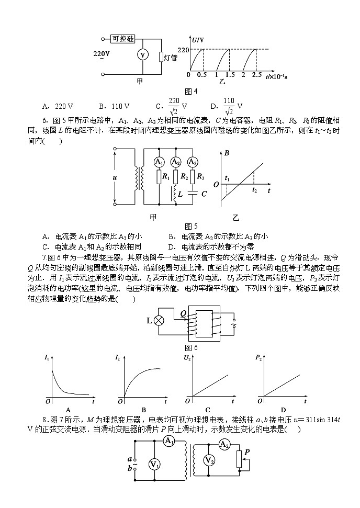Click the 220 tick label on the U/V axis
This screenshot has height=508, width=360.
[x=183, y=50]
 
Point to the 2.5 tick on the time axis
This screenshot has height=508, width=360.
[x=257, y=75]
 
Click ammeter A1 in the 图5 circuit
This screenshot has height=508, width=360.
[x=160, y=162]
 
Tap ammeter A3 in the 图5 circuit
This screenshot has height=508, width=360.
[x=193, y=162]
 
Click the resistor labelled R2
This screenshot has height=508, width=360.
[x=176, y=177]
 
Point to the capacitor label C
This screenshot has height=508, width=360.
[x=204, y=194]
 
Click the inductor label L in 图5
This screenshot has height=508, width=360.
[x=180, y=194]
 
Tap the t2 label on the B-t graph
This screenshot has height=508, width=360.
[x=254, y=190]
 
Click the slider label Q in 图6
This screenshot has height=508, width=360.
[x=183, y=313]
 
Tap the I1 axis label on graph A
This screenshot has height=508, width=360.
[x=47, y=358]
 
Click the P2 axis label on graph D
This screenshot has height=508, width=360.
[x=258, y=358]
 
